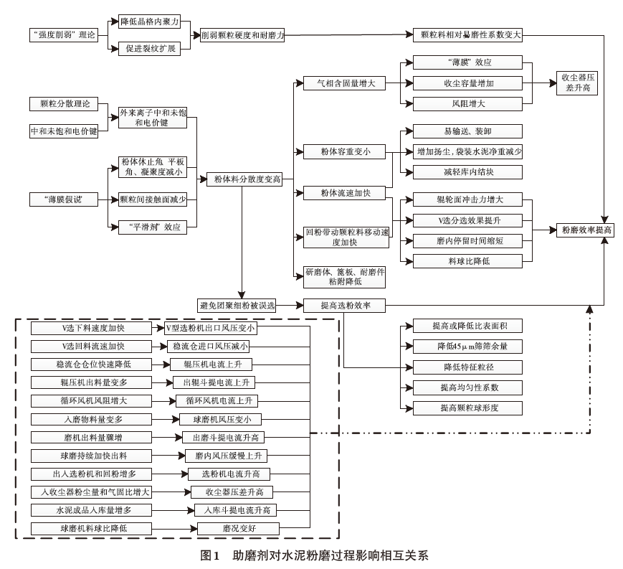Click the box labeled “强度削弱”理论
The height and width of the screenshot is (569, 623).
tap(65, 34)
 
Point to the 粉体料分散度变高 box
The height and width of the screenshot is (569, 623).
tap(243, 178)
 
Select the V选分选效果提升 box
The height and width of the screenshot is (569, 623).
tap(468, 220)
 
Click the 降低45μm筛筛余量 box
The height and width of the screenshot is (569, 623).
tap(468, 347)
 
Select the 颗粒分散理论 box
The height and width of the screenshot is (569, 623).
tap(65, 105)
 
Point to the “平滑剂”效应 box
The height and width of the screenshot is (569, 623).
tap(153, 227)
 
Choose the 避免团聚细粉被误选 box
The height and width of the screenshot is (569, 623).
tap(238, 306)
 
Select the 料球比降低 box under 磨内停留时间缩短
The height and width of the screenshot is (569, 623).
tap(468, 261)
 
